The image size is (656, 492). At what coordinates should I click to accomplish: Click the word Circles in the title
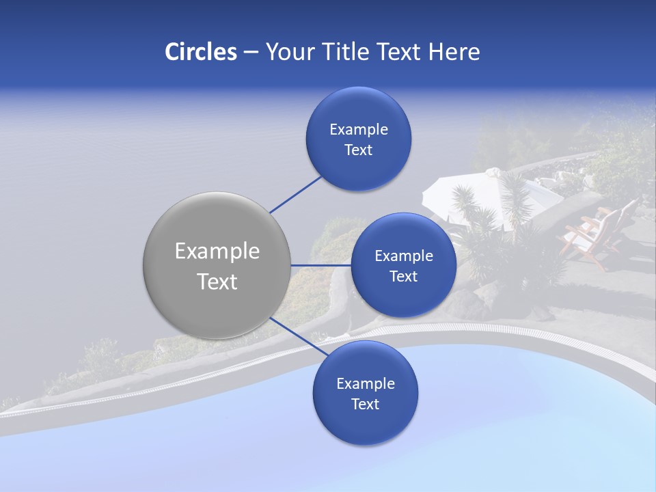[x=200, y=52]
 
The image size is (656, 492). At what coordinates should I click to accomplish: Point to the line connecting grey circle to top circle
[x=296, y=194]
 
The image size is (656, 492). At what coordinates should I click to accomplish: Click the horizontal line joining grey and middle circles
[x=321, y=265]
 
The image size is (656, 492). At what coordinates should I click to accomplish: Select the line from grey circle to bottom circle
[x=294, y=335]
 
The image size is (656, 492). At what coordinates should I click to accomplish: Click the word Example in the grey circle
[x=217, y=251]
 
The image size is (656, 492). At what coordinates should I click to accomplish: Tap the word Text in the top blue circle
[x=358, y=150]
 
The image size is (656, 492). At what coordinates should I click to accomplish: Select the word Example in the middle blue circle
[x=403, y=256]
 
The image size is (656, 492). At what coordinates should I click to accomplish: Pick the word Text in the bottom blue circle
[x=365, y=405]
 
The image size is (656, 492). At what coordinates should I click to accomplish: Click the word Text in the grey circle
[x=217, y=282]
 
